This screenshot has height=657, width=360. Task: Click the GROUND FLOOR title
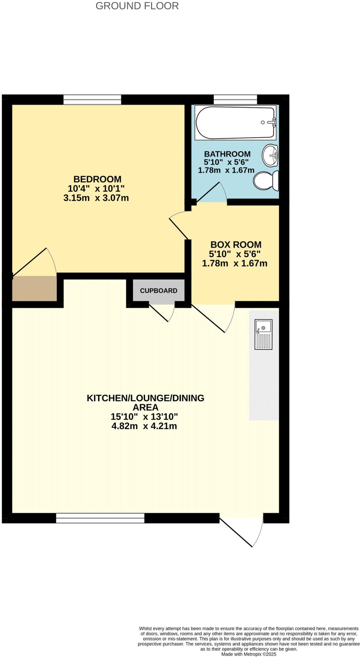137,6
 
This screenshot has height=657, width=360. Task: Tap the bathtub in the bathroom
235,123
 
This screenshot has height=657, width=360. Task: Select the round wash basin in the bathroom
270,155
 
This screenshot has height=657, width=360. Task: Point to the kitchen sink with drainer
263,334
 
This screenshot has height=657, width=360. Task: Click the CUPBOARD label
158,291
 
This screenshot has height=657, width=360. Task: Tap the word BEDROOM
97,179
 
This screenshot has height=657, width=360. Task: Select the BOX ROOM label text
236,244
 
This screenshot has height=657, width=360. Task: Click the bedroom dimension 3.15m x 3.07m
96,198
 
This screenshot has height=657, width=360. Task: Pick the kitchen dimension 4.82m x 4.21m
144,426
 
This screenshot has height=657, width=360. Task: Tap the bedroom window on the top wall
92,99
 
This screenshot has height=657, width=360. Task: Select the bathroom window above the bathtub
235,99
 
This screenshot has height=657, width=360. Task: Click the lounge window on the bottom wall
100,518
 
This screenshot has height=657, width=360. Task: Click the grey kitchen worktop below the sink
264,385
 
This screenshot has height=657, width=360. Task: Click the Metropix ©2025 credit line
248,654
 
